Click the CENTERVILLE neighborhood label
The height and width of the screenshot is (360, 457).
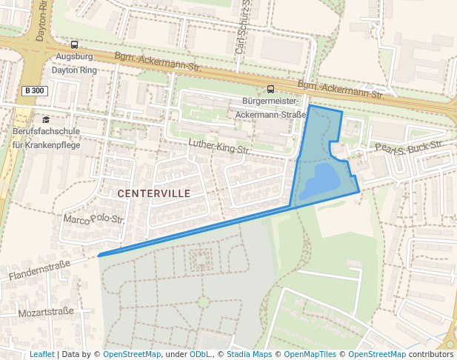click(153, 193)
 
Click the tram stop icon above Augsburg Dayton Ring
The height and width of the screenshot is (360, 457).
click(73, 45)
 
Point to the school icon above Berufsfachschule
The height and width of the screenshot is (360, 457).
click(46, 119)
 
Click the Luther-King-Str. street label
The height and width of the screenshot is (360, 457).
click(219, 146)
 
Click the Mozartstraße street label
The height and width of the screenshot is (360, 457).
click(46, 312)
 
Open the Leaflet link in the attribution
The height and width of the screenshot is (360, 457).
click(41, 355)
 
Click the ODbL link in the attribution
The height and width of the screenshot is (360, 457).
click(200, 355)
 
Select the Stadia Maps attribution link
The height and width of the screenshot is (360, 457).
click(249, 355)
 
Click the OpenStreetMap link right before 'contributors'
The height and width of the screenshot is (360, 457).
click(377, 355)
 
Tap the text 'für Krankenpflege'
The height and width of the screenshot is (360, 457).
click(46, 144)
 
